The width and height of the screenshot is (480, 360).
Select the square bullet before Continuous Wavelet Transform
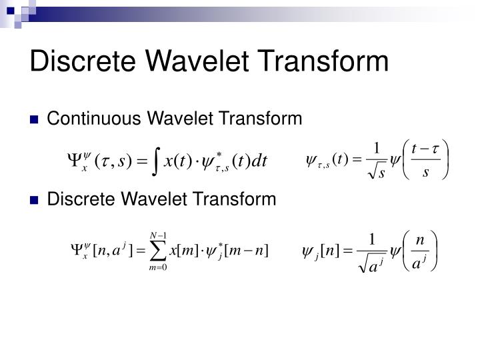tap(36, 120)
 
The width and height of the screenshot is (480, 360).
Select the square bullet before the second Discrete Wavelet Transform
tap(36, 200)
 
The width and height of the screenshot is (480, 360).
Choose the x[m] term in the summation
tap(183, 250)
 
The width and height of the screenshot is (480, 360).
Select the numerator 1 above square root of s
tap(377, 149)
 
